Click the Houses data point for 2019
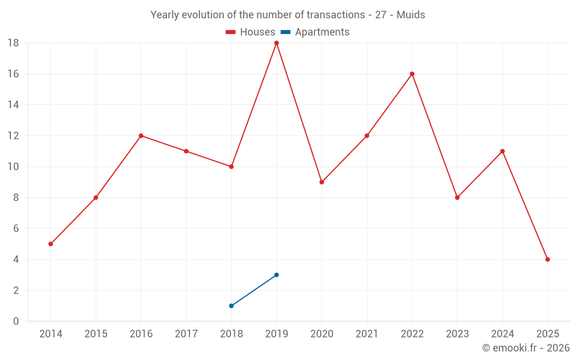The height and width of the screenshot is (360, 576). (x=276, y=43)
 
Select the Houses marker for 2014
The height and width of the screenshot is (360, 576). (x=51, y=244)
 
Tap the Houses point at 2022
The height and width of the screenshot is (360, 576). (x=412, y=74)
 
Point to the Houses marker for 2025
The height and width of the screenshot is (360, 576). (x=547, y=259)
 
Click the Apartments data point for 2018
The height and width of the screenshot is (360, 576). (x=231, y=306)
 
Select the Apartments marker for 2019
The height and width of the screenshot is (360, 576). (x=276, y=275)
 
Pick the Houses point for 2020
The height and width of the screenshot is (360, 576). (x=321, y=182)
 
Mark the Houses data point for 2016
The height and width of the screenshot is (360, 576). (x=141, y=136)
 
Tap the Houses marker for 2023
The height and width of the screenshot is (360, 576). (x=457, y=198)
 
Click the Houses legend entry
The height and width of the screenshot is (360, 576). (x=251, y=32)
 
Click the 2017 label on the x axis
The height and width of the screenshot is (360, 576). (x=186, y=334)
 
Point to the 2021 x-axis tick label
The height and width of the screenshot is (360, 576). (x=367, y=334)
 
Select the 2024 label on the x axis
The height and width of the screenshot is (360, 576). (x=502, y=334)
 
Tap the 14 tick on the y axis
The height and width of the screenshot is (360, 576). (x=13, y=105)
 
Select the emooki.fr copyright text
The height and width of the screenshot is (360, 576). (x=526, y=348)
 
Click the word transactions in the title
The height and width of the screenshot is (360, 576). (x=336, y=15)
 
